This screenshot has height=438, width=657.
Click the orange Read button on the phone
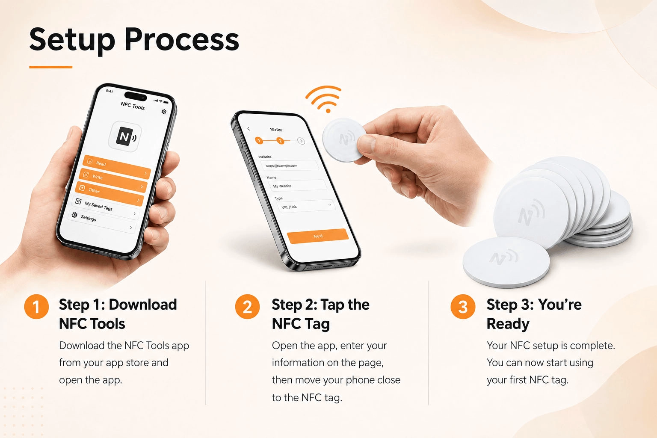click(117, 166)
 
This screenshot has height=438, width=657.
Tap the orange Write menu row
click(113, 180)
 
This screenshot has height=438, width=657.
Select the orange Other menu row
click(109, 193)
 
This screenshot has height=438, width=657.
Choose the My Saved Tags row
click(106, 207)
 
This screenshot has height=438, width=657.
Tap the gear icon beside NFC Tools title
click(164, 112)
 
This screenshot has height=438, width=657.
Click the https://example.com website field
click(289, 166)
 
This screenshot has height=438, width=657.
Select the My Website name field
click(297, 186)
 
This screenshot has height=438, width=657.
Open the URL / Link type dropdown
click(306, 206)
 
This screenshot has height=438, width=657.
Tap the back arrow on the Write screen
click(249, 129)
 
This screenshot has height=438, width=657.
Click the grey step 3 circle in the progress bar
click(301, 141)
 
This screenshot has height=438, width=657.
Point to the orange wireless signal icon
click(324, 99)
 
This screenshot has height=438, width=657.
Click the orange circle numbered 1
click(36, 307)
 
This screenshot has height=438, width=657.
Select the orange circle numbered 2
click(247, 307)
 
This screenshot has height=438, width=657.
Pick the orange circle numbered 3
click(463, 307)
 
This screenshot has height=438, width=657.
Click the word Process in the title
click(182, 40)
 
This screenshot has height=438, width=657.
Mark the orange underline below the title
click(51, 67)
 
